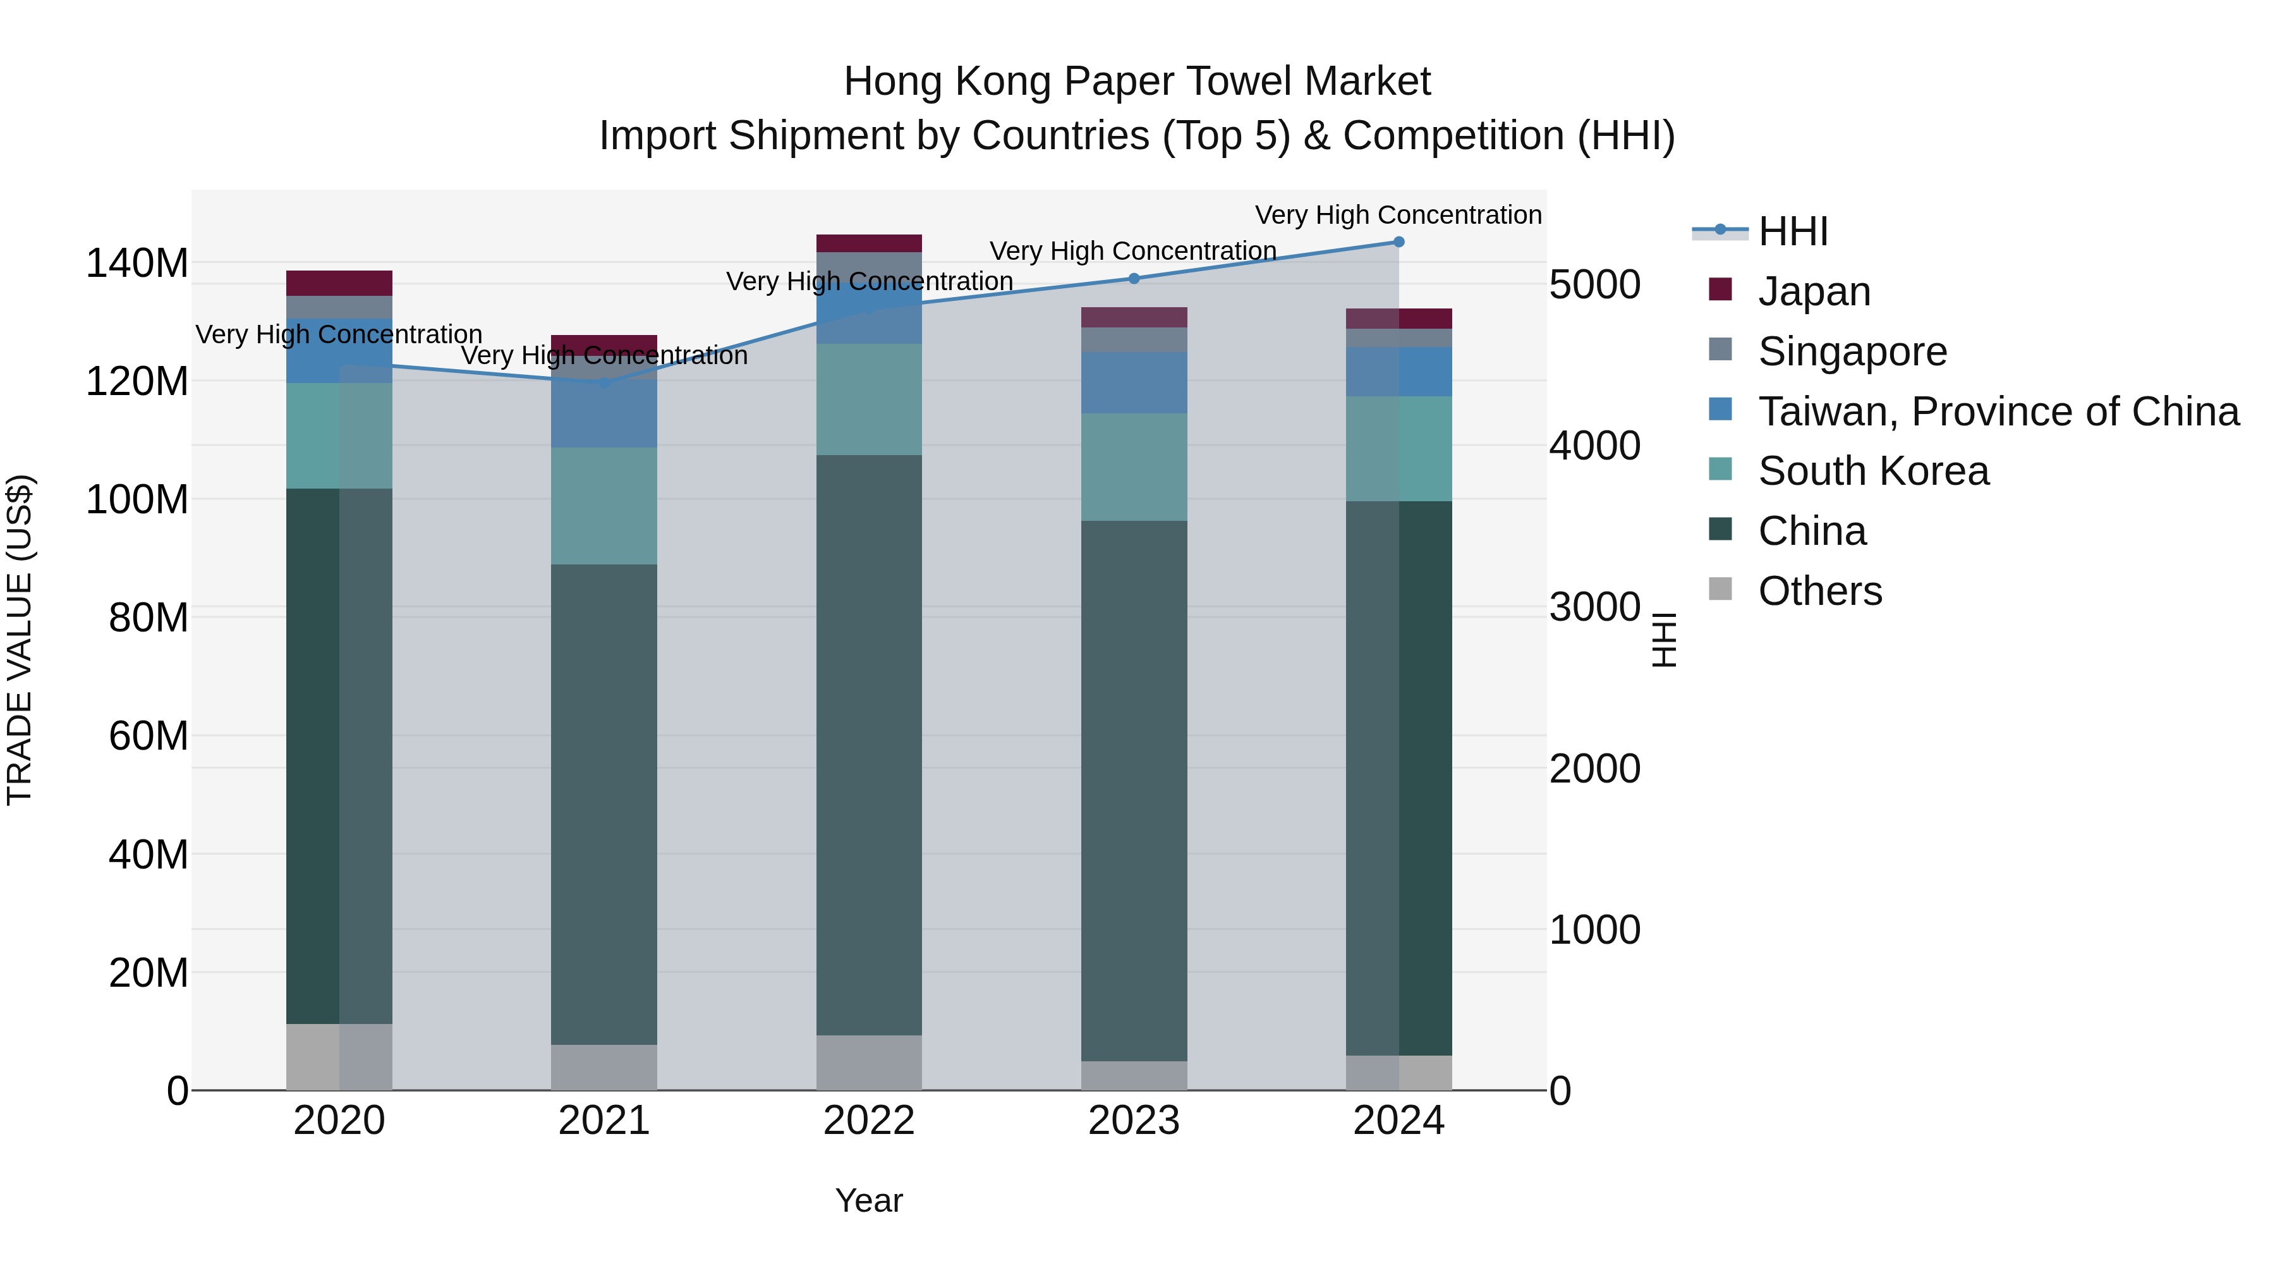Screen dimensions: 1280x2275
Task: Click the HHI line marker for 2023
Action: [x=1134, y=278]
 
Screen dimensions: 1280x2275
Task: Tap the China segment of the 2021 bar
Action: [x=604, y=804]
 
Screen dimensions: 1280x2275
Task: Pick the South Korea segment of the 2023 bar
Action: [x=1134, y=466]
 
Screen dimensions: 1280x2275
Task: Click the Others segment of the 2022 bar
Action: [x=869, y=1062]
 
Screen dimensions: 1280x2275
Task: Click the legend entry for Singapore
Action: [x=1852, y=351]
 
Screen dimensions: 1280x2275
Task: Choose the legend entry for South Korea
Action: [x=1873, y=471]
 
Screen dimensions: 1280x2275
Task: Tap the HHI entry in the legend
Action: [x=1793, y=231]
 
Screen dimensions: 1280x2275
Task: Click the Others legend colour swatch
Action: [x=1720, y=589]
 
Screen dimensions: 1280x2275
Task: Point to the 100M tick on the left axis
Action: [x=137, y=500]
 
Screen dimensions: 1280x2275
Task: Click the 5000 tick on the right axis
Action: [x=1595, y=284]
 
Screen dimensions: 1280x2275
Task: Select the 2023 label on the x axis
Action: [x=1134, y=1121]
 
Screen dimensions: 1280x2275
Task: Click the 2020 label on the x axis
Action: [x=339, y=1121]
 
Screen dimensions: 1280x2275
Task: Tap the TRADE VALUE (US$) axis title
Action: [x=20, y=640]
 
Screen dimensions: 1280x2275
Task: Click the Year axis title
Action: [x=869, y=1200]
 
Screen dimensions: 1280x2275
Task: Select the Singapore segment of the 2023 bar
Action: [x=1134, y=340]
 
